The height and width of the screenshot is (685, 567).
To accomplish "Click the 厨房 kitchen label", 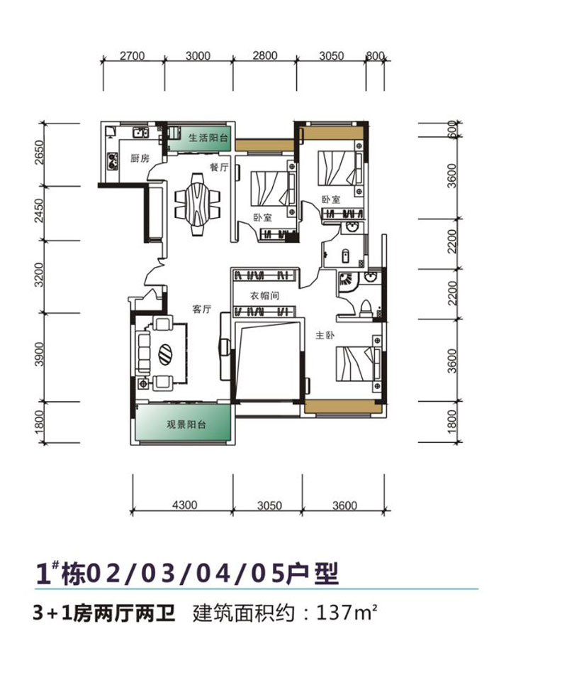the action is [140, 158].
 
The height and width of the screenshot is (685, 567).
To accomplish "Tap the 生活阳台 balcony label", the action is [208, 138].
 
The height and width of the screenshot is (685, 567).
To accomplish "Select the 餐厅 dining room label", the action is [219, 167].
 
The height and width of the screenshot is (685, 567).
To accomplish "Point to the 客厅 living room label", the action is [201, 309].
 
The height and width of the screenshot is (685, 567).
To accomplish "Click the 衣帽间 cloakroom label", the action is [264, 296].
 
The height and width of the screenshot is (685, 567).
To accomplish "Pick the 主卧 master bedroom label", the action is [325, 335].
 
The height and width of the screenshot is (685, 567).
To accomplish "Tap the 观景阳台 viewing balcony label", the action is [186, 424].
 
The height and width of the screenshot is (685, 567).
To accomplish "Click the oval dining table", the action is [197, 204].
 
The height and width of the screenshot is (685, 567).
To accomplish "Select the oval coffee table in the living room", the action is [165, 354].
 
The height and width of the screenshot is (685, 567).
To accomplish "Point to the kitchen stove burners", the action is [113, 160].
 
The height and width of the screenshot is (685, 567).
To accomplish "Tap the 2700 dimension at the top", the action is [132, 56].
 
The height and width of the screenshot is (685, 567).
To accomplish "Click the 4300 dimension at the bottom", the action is [184, 505].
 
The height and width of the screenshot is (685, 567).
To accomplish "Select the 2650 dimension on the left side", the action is [40, 152].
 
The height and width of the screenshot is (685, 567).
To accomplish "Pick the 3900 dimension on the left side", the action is [40, 354].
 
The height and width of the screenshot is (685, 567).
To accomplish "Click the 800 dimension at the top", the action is [375, 56].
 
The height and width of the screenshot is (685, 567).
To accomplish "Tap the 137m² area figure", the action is [347, 613].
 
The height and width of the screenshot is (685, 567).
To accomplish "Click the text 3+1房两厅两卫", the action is [103, 613].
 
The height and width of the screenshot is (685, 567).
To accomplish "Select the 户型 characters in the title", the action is [313, 574].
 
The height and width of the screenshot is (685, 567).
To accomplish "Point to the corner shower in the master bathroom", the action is [347, 282].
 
